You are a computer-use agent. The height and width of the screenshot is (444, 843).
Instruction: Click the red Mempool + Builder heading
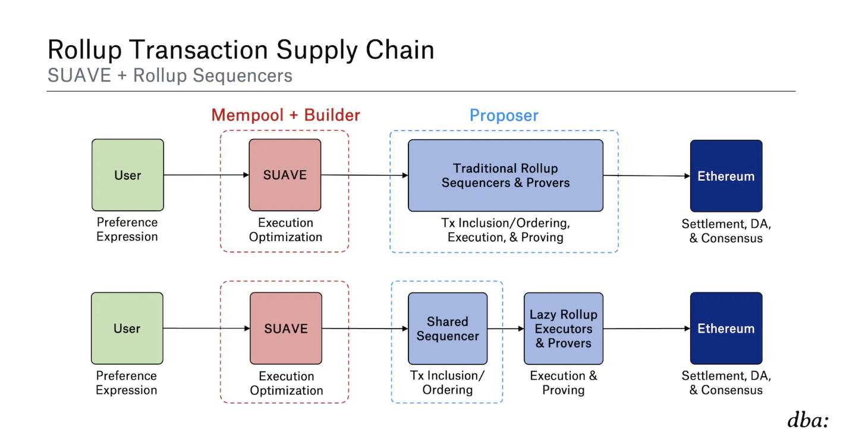pos(285,115)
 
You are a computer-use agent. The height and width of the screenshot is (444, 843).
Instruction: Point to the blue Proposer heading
pos(504,115)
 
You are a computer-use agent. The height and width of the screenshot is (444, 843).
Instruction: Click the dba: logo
pos(807,420)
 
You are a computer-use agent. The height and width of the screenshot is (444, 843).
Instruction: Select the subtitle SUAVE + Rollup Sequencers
pos(169,76)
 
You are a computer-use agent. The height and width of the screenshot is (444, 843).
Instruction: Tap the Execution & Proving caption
pos(563,383)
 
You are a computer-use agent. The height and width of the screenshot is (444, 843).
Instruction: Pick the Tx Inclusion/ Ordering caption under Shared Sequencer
pos(447,383)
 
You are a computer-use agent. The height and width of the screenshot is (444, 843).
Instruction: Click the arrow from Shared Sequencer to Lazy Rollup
pos(505,329)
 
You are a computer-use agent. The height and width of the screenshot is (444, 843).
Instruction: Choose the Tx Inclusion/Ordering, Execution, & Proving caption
pos(505,230)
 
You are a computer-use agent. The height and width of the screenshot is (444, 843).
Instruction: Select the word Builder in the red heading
pos(332,115)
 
